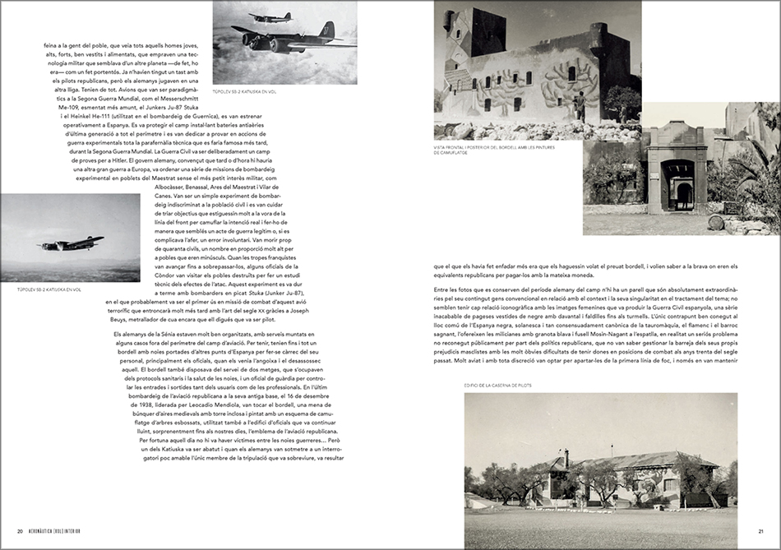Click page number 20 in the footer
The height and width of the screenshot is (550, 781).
19,529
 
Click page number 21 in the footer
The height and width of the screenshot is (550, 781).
761,529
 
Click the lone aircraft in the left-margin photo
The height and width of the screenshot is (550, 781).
71,243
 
